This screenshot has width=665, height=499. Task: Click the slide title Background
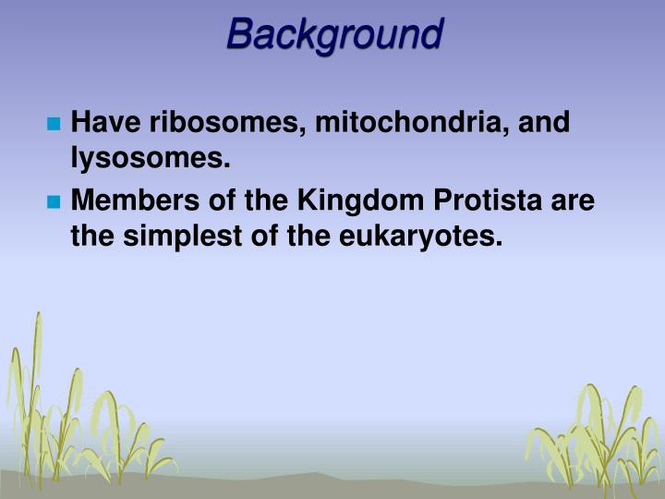334,34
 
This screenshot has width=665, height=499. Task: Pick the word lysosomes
150,159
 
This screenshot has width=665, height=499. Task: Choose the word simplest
181,237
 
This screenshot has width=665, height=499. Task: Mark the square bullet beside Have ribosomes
54,124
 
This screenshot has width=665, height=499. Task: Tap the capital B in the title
240,34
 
